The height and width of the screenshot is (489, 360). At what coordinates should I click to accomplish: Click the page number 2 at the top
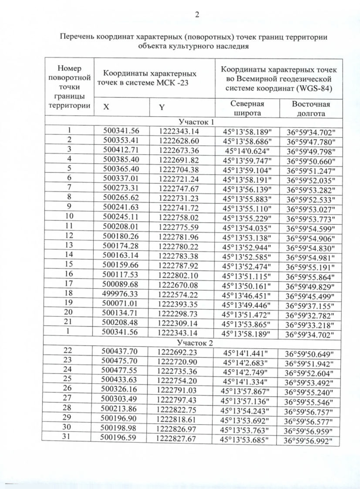[x=197, y=15]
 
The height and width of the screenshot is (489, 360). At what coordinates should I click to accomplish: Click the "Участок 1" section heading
[x=196, y=122]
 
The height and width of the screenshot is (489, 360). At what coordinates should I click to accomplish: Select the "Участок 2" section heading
[x=195, y=343]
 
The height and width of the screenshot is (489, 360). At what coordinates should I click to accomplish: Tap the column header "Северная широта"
[x=247, y=108]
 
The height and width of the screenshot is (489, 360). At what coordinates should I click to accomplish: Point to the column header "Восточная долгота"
[x=311, y=109]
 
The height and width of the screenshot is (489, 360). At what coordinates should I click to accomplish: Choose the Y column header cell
[x=162, y=107]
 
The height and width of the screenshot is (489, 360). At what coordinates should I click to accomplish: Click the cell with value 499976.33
[x=120, y=294]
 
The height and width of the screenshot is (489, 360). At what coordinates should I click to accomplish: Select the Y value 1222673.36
[x=179, y=150]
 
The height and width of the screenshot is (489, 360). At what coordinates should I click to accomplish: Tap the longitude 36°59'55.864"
[x=310, y=277]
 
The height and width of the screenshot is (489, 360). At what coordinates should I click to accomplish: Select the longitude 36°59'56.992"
[x=307, y=441]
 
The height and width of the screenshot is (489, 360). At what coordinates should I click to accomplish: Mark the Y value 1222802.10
[x=178, y=276]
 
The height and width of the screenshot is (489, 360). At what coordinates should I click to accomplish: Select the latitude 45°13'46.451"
[x=246, y=296]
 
